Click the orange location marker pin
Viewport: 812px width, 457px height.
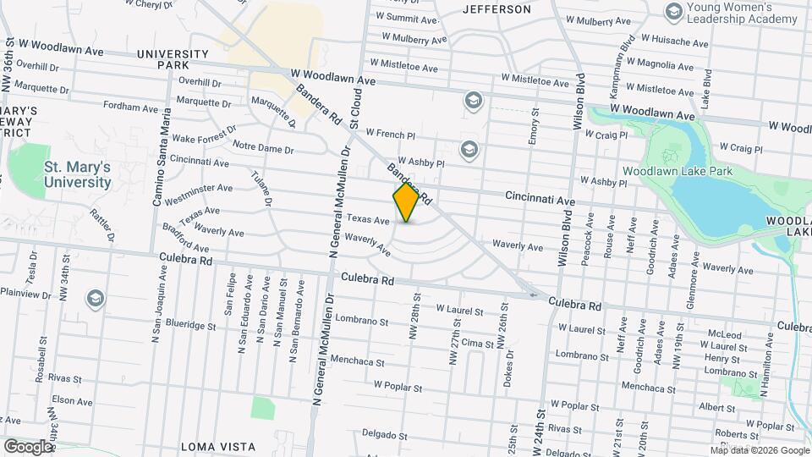click(x=406, y=202)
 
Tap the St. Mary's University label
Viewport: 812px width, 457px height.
click(x=78, y=174)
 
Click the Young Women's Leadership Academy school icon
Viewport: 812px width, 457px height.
click(x=674, y=11)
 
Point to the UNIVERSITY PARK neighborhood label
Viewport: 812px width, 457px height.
click(x=173, y=59)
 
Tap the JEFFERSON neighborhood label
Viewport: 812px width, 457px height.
click(x=497, y=9)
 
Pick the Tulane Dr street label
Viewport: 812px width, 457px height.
click(x=261, y=189)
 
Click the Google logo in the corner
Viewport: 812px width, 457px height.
click(x=28, y=446)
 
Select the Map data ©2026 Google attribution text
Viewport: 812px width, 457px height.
click(x=759, y=450)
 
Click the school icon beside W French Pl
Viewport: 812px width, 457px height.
click(x=472, y=102)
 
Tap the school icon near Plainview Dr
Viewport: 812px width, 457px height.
click(x=95, y=298)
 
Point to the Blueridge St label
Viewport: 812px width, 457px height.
click(x=192, y=323)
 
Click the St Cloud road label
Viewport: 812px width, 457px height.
click(x=356, y=112)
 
